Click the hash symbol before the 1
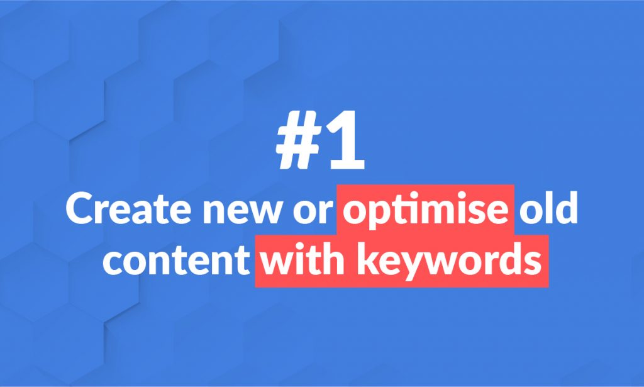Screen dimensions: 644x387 point(299,140)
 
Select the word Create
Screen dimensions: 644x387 point(128,209)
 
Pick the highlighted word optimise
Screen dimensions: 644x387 point(426,211)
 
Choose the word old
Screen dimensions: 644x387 point(548,208)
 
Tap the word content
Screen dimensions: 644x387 point(176,261)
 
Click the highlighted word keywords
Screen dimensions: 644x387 point(449,261)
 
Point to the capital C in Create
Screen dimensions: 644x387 point(81,209)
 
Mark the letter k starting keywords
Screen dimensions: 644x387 point(368,259)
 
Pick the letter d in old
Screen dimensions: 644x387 point(566,208)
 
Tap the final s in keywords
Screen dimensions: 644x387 point(532,263)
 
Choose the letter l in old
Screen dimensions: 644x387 point(548,208)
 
